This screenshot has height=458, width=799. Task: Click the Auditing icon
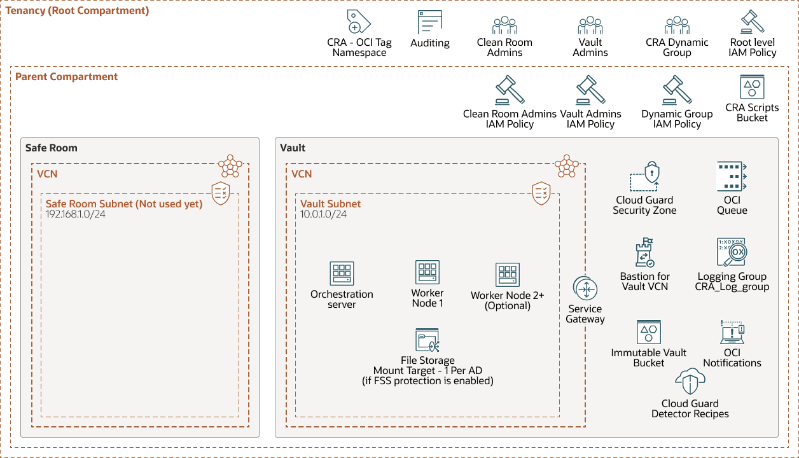(430, 22)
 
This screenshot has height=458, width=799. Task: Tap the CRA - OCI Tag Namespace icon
(359, 22)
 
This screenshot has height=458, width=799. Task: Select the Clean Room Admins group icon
(504, 25)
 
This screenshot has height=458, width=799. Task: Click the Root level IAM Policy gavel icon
(753, 22)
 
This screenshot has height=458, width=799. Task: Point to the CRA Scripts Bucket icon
(752, 87)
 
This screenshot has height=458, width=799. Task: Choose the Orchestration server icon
(342, 274)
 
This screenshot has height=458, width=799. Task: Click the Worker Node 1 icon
(427, 272)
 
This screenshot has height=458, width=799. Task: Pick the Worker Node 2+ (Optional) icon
(508, 275)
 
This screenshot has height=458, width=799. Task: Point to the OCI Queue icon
(732, 176)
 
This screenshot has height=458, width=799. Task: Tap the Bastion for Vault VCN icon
(645, 253)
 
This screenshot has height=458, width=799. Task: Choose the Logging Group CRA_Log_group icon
(732, 253)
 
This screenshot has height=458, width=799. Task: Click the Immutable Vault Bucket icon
(649, 332)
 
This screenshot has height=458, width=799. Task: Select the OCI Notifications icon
(732, 332)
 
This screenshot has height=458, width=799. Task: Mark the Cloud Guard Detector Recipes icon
(690, 382)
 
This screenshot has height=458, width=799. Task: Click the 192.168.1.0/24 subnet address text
(75, 214)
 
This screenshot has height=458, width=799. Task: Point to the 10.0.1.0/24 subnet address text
(324, 214)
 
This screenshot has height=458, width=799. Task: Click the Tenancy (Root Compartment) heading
(77, 11)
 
